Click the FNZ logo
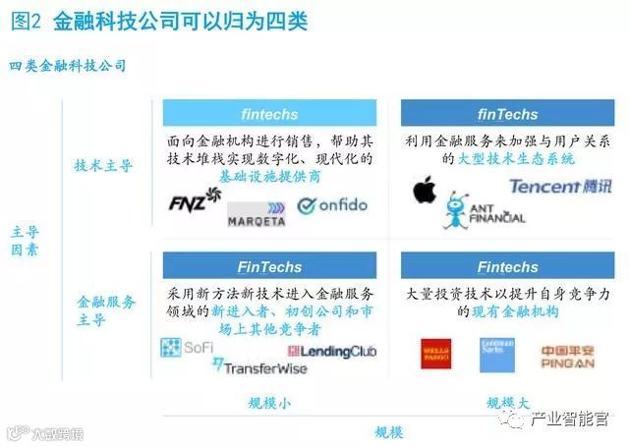tap(196, 201)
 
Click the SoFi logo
tap(186, 347)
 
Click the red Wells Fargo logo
tap(435, 355)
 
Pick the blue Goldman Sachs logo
tap(496, 355)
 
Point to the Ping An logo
tap(567, 355)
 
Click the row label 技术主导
tap(103, 165)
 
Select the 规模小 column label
tap(269, 403)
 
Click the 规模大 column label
tap(507, 403)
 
